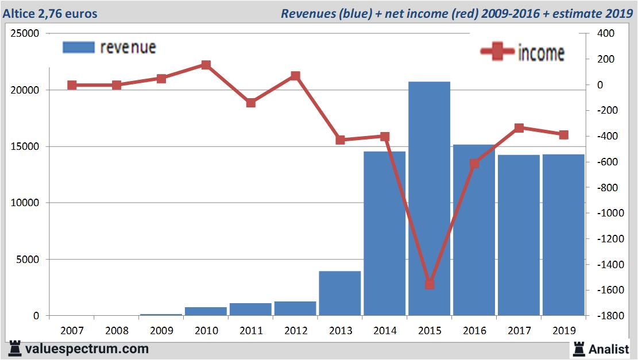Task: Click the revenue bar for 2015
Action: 429,198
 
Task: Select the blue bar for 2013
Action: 340,293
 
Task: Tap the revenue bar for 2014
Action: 385,233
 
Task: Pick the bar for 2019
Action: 563,235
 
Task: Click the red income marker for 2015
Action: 430,284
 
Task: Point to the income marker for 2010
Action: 206,65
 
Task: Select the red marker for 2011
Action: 251,103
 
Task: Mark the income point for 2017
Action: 519,127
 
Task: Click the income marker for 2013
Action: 340,140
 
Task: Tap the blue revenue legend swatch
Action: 78,47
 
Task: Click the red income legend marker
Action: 497,52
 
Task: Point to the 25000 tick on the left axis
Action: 25,34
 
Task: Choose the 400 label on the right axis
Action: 606,34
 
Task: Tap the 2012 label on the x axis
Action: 295,331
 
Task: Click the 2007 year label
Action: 72,331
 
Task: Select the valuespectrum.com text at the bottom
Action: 87,349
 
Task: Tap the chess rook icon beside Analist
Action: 579,349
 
